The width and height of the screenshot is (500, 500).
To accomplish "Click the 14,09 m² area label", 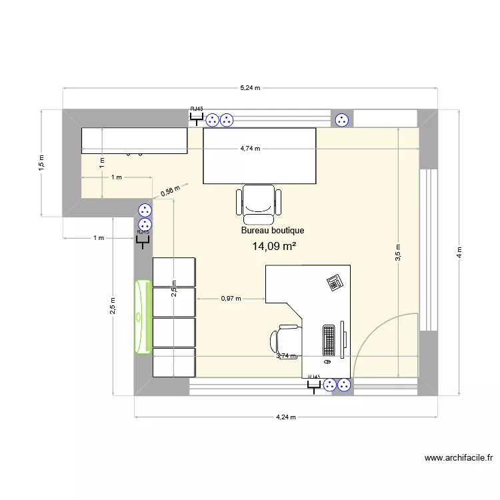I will coord(274,247).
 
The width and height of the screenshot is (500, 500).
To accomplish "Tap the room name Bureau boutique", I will coord(273,231).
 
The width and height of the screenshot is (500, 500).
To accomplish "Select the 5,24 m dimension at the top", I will coord(250,88).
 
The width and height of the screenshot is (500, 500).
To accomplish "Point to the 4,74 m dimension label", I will coord(250,149).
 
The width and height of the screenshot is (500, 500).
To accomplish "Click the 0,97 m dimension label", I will coord(230,299).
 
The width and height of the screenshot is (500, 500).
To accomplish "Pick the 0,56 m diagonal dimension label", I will coord(171,192).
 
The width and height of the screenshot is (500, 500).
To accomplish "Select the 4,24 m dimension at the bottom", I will coord(286,417).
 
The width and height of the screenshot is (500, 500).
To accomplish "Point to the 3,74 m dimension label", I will coord(286,356).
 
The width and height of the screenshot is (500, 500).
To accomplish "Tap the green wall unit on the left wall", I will coord(143,317).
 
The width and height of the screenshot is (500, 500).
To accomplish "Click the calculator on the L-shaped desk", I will coord(335,282).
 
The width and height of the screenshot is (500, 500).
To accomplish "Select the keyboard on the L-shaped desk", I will coord(329,339).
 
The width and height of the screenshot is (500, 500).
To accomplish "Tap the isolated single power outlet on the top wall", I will coord(342,120).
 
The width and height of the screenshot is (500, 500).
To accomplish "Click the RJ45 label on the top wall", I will coord(197,108).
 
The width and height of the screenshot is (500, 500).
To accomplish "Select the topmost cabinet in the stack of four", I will coord(174,272).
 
